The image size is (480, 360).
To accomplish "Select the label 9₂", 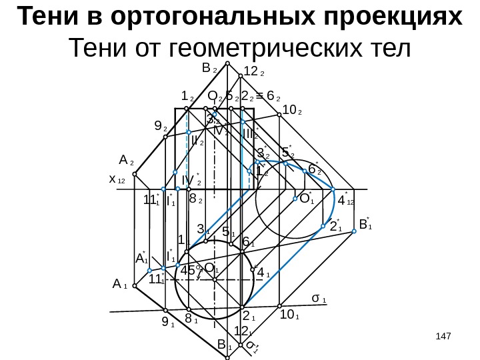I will tap(160, 125).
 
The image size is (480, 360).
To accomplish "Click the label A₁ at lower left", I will tap(121, 285).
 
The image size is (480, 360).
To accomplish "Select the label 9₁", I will tap(167, 325).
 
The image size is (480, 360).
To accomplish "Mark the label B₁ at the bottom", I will tap(224, 345).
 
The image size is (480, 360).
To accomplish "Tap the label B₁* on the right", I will tap(364, 225).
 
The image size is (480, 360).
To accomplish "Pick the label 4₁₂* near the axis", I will tap(346, 199).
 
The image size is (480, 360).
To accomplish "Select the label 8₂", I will tap(196, 199).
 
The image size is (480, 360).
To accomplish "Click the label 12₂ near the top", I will tap(255, 71).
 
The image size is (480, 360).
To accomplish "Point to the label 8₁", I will tap(191, 321).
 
